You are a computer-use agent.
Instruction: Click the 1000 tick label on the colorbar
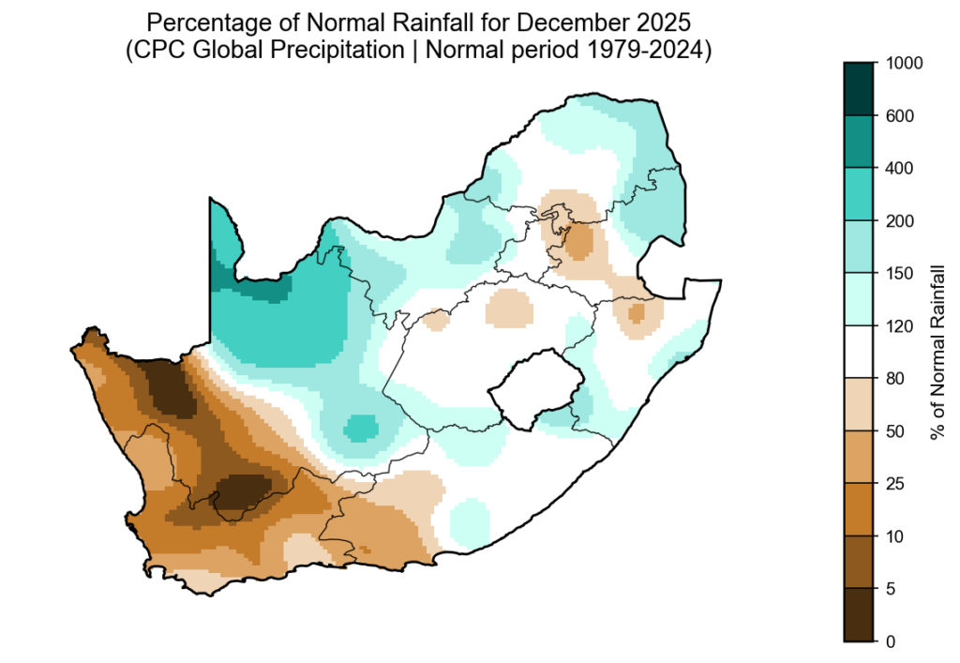904,64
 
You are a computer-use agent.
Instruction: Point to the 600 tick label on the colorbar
900,116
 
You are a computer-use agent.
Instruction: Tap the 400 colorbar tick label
900,169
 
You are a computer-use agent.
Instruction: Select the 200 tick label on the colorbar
900,221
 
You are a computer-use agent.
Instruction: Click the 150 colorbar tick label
900,274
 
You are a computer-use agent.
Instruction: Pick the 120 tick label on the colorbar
900,326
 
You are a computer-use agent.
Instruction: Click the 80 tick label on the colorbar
896,379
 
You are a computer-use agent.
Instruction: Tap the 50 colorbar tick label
896,431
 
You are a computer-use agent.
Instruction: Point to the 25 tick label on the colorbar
896,484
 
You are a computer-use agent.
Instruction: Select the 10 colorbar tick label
896,536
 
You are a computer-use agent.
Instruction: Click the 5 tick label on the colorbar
892,589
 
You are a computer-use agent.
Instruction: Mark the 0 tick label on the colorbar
892,641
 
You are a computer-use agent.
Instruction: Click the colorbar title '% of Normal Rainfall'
936,353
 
